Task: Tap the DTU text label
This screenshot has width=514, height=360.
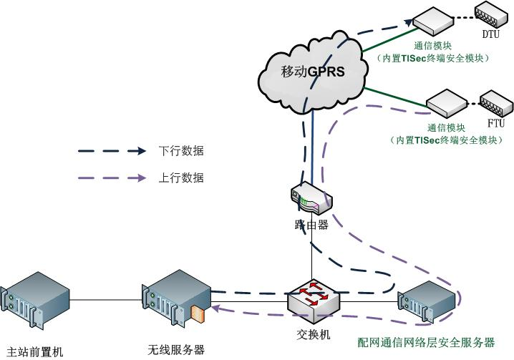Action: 490,34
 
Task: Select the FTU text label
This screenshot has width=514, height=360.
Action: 495,123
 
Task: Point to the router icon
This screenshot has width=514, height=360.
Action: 311,199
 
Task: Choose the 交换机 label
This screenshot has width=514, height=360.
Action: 314,334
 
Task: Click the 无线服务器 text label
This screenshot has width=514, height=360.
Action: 176,350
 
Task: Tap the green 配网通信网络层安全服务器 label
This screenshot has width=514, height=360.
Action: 426,342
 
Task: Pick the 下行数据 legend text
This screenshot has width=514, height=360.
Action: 180,151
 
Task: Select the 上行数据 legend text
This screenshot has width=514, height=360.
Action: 180,178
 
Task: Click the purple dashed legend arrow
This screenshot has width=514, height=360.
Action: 110,178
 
